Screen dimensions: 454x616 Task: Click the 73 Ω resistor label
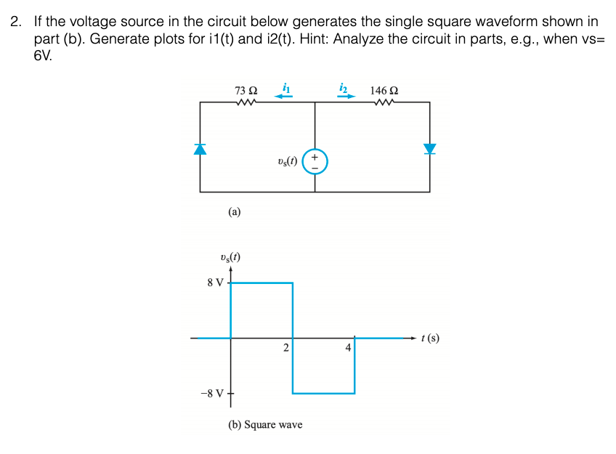[x=246, y=91]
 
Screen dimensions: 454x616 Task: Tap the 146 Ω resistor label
[x=384, y=91]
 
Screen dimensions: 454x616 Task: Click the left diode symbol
[x=200, y=149]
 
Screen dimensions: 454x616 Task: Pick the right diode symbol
[x=429, y=148]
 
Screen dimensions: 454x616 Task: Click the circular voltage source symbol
[x=315, y=161]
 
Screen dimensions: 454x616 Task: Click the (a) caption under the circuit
[x=234, y=212]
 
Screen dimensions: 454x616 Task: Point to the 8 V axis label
[x=215, y=283]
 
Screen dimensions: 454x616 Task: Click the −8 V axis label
[x=212, y=394]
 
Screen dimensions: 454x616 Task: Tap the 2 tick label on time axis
[x=286, y=348]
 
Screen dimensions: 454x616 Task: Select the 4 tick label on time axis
[x=348, y=348]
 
